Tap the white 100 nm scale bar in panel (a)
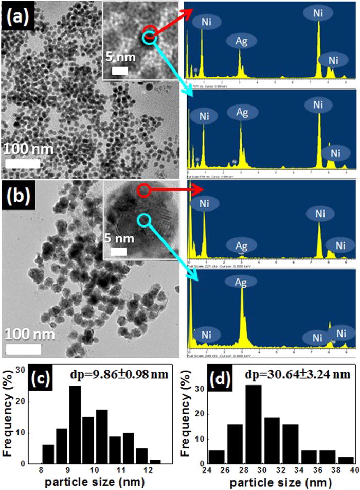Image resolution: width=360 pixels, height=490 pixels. point(23,163)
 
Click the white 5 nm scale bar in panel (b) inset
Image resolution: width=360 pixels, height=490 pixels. point(118,252)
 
